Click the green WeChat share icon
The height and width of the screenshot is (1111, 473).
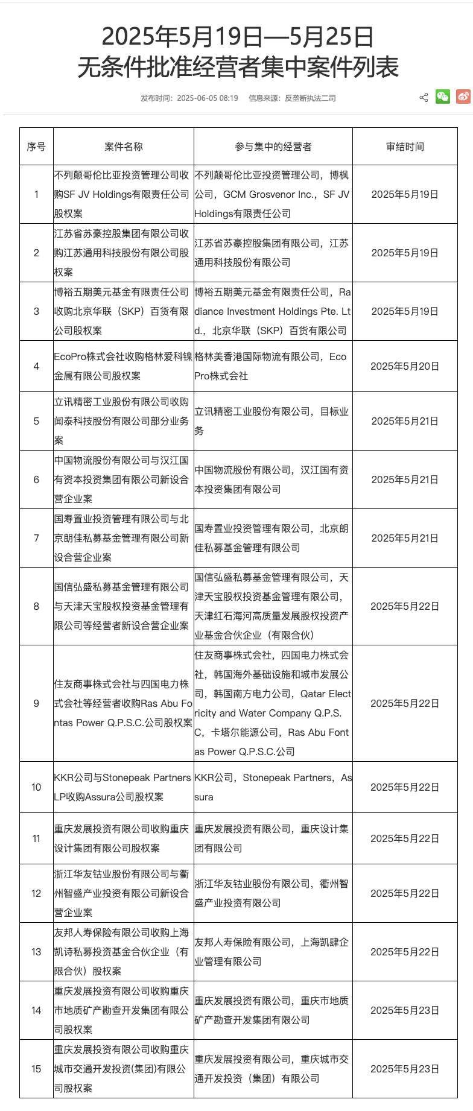[443, 97]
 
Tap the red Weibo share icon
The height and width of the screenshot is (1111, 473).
[463, 97]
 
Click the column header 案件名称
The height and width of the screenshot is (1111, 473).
[124, 147]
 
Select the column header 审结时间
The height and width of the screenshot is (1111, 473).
[405, 147]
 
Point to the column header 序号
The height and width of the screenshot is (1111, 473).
[36, 147]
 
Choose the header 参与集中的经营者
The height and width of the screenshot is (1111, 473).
[273, 147]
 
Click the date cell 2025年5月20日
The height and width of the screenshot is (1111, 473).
[405, 366]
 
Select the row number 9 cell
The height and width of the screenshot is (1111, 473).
[36, 703]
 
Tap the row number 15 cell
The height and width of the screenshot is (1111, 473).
[36, 1069]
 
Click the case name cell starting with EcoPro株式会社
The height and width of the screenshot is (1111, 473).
[123, 366]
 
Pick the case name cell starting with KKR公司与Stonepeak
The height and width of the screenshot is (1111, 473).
[123, 787]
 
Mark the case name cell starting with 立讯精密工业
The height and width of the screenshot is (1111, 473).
[123, 421]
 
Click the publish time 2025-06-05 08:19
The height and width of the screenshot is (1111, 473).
[207, 98]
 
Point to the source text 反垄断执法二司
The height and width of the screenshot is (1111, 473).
[310, 98]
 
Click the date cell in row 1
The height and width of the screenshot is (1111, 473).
[405, 194]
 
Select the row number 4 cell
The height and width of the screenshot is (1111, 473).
[36, 366]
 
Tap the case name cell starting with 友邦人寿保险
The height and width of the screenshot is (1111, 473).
[123, 952]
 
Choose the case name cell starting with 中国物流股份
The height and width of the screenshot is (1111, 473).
[123, 480]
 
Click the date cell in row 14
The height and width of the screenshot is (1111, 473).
[405, 1010]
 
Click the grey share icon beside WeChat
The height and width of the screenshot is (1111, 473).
[424, 98]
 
